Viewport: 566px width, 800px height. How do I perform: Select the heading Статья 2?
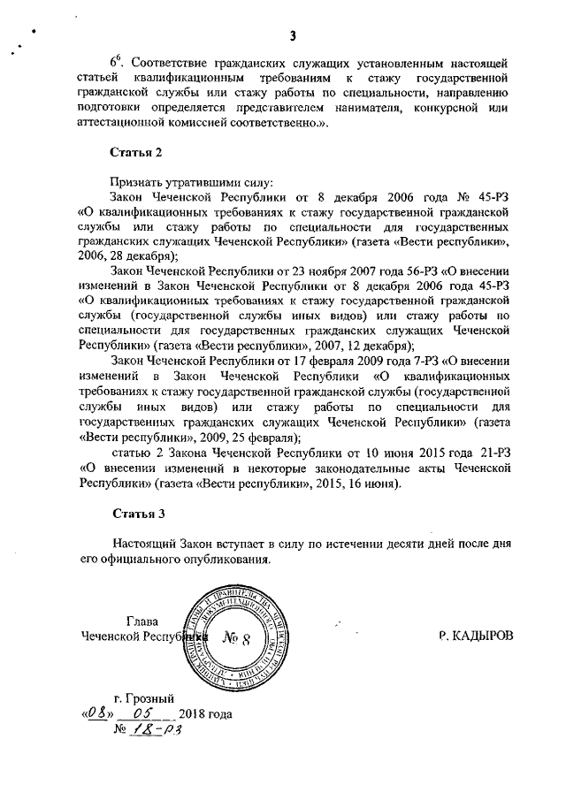tap(136, 152)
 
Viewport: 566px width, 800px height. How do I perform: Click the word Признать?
tap(137, 180)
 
